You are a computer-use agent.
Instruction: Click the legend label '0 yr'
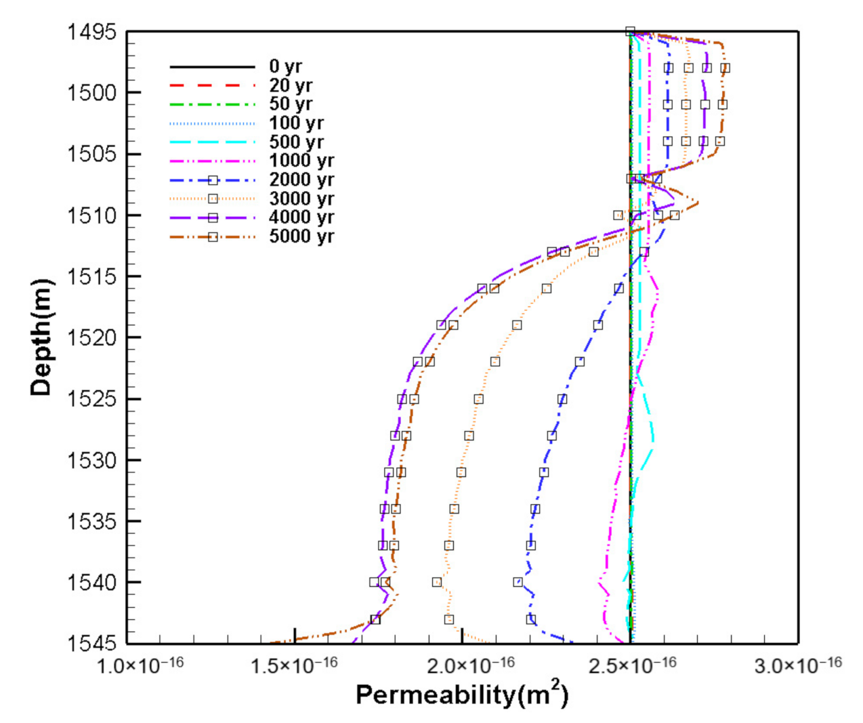point(285,66)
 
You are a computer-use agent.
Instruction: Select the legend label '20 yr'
point(291,85)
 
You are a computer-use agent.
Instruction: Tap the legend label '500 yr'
point(296,142)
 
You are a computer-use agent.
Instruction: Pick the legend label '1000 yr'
point(301,161)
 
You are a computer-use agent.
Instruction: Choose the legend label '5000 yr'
point(301,236)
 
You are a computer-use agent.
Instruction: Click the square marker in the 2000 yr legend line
point(213,180)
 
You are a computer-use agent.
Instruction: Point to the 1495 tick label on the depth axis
point(91,32)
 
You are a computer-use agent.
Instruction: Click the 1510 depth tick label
point(91,215)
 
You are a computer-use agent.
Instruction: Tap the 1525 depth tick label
point(91,399)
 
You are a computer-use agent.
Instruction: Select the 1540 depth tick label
point(91,582)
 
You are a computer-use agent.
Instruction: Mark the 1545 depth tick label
point(91,642)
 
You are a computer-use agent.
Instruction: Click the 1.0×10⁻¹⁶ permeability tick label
point(140,665)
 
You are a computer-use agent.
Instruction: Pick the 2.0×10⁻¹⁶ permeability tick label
point(471,665)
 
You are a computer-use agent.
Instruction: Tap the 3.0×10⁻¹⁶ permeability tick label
point(798,665)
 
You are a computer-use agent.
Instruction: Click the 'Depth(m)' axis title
point(41,337)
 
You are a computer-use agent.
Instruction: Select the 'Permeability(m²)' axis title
point(462,695)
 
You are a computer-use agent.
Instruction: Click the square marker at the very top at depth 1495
point(630,31)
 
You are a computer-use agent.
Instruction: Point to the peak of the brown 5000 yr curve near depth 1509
point(698,203)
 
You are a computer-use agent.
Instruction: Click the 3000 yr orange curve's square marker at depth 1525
point(479,399)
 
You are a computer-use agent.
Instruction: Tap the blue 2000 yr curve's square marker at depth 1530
point(544,472)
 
